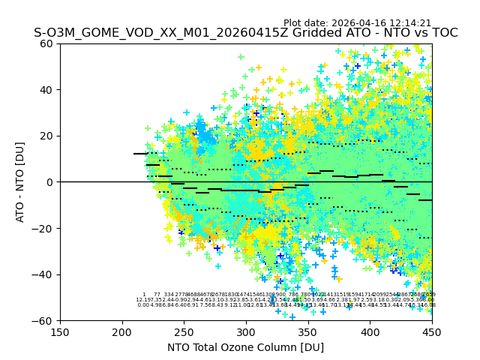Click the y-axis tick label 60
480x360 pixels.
click(47, 43)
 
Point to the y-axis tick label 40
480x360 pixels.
click(47, 90)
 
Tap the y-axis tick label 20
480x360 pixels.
click(47, 136)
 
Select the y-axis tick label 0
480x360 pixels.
click(50, 182)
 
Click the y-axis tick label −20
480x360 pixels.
click(44, 228)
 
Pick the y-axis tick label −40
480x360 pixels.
click(44, 274)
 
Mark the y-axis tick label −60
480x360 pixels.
click(44, 320)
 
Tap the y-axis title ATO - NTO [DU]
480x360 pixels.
click(20, 182)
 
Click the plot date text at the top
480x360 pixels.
click(357, 23)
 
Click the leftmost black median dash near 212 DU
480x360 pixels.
click(140, 154)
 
